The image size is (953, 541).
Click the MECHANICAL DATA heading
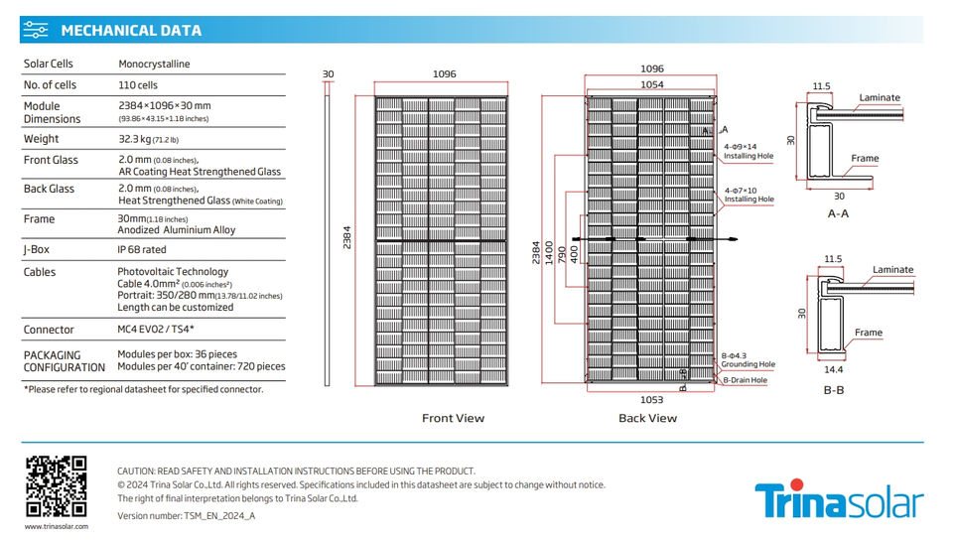point(131,30)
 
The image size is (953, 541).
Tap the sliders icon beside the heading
point(36,30)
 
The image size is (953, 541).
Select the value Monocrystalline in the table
point(154,65)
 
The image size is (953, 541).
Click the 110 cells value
point(138,85)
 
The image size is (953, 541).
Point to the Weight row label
point(41,139)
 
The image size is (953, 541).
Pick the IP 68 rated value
point(142,250)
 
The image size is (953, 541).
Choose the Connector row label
point(49,330)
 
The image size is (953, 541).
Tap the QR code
point(56,486)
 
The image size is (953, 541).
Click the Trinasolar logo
point(839,500)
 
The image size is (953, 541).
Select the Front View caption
point(453,419)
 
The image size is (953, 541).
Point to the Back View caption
point(647,419)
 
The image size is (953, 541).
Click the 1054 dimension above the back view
point(651,85)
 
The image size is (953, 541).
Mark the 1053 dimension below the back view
point(651,400)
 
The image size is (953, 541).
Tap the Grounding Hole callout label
point(749,365)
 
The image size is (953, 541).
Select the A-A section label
point(838,213)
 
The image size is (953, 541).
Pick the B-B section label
point(834,390)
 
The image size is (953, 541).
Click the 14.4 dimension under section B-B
point(834,370)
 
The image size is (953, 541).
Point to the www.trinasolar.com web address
point(56,526)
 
